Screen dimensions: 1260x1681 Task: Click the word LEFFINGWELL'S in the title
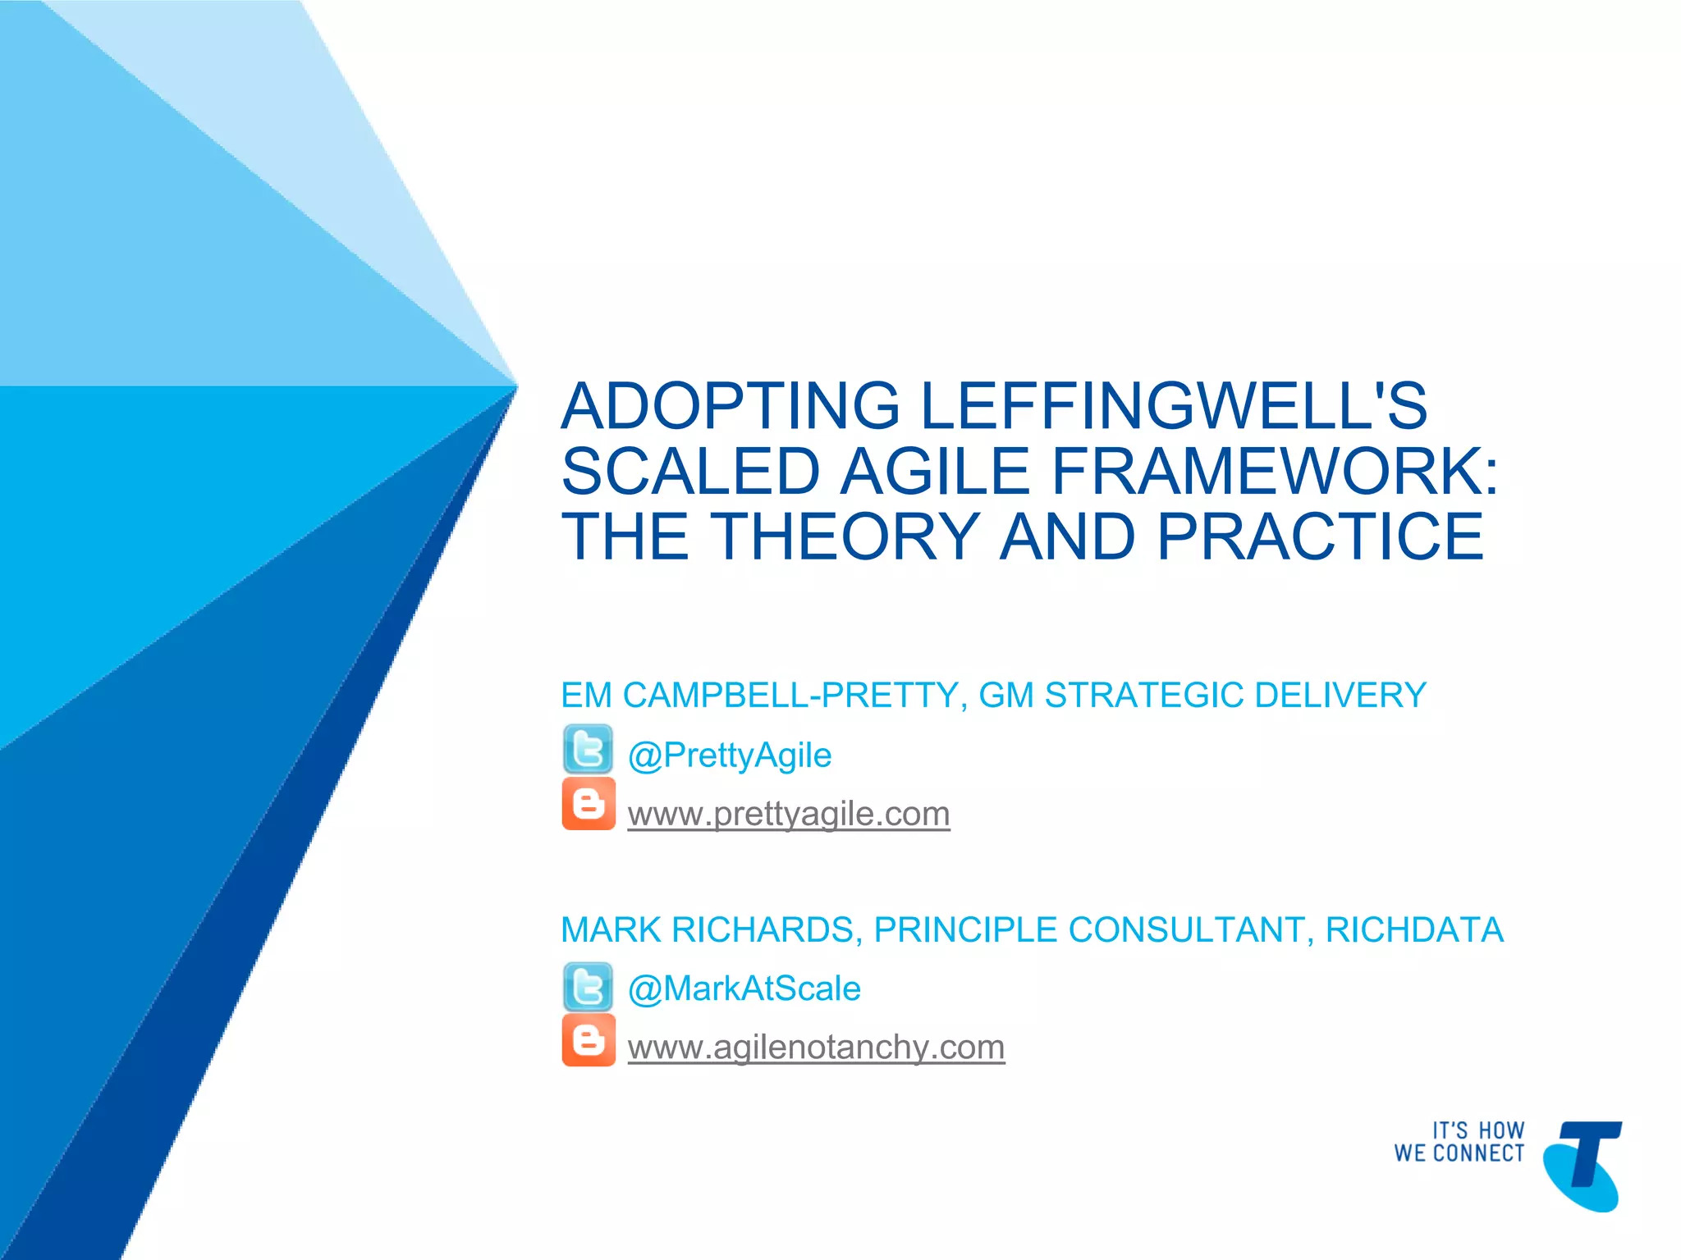[1174, 406]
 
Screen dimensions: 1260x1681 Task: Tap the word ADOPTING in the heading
[731, 406]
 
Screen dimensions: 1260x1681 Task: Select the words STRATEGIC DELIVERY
[1235, 696]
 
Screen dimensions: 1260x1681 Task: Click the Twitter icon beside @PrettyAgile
[588, 749]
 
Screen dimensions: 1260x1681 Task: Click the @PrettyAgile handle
[729, 756]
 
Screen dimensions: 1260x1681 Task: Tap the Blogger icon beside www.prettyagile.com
[588, 804]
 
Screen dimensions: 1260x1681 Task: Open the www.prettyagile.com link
[788, 814]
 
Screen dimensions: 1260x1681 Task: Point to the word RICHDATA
[1413, 930]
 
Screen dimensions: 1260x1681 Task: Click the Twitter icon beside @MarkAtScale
[588, 987]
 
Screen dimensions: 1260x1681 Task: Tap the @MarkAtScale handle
[744, 988]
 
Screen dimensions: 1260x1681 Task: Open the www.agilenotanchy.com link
[816, 1048]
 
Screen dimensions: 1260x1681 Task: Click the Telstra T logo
[1583, 1165]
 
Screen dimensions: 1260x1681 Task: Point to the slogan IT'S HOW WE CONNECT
[1459, 1142]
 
